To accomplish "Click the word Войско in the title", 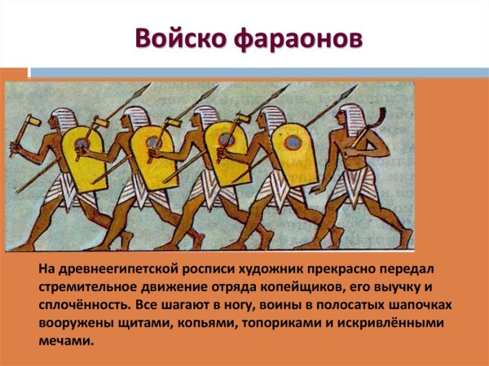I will pyautogui.click(x=175, y=38).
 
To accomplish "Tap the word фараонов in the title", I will pyautogui.click(x=289, y=38).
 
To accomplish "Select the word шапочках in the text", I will pyautogui.click(x=416, y=303).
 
